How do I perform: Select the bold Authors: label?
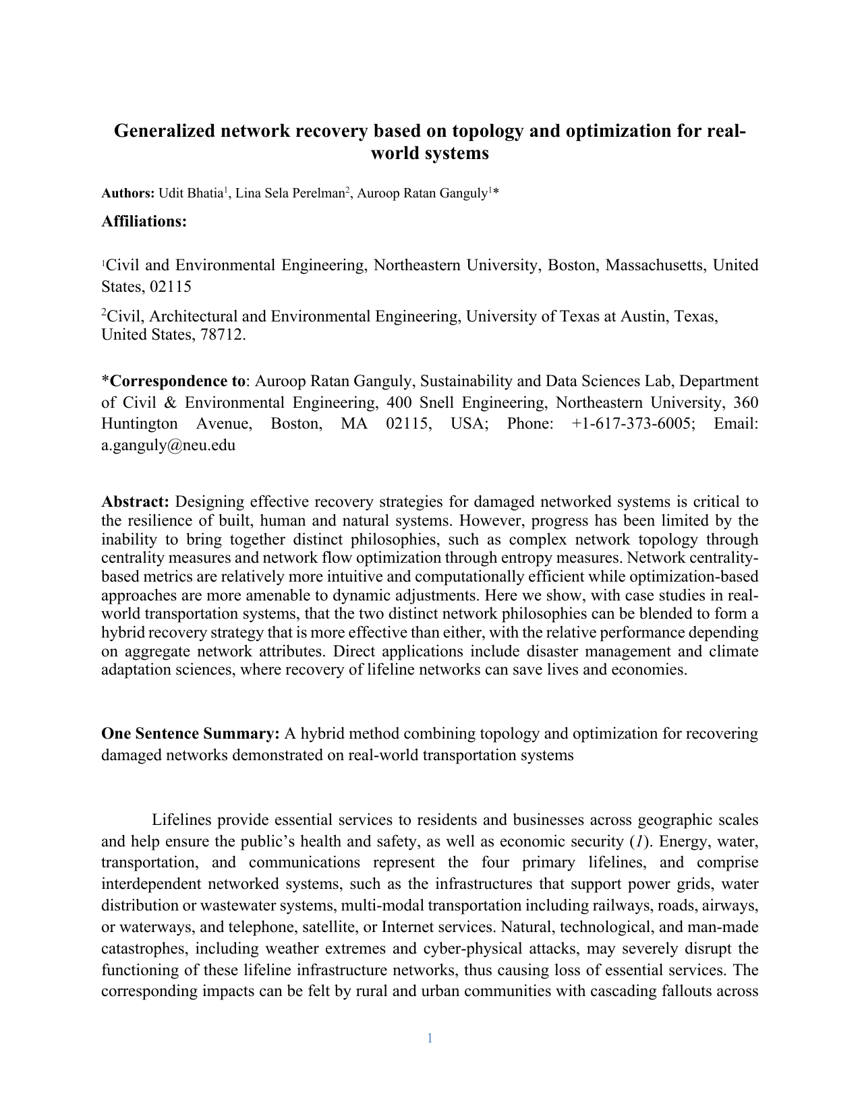click(128, 194)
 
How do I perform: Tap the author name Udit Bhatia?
click(190, 194)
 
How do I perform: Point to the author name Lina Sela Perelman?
click(289, 194)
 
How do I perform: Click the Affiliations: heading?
click(144, 222)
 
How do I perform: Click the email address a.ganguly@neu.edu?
click(168, 445)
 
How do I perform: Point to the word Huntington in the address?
click(140, 424)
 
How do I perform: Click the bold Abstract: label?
click(135, 502)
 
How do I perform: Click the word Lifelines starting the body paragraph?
click(181, 820)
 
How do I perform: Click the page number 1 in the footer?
click(430, 1039)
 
